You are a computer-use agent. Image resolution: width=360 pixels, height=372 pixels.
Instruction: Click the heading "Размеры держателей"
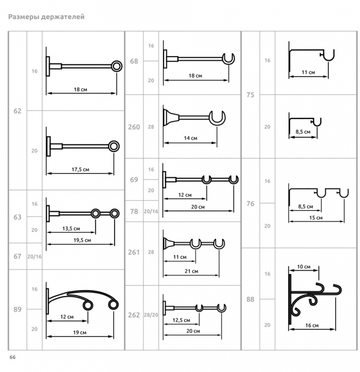(46, 17)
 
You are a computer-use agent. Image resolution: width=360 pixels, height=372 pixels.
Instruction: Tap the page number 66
(13, 357)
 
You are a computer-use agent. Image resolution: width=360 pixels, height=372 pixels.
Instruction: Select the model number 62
(17, 111)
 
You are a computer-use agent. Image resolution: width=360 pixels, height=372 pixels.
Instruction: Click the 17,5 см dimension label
(80, 170)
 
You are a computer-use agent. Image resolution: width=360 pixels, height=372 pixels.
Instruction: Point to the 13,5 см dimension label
(71, 229)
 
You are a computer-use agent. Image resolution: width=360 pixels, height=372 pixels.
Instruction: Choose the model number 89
(17, 309)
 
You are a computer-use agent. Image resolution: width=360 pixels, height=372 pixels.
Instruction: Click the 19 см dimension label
(80, 332)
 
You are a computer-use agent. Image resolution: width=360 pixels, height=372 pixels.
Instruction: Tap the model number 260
(134, 127)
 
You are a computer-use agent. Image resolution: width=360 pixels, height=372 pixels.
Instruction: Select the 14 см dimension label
(190, 138)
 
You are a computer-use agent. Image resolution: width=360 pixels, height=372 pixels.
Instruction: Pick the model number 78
(134, 211)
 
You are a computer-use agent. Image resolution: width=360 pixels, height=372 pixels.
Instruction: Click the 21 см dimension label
(191, 271)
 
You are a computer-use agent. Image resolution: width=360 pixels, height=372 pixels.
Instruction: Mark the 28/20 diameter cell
(151, 315)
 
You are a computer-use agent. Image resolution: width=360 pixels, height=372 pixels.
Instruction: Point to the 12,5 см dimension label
(181, 320)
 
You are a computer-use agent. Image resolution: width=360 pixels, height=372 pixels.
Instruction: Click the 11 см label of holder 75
(308, 72)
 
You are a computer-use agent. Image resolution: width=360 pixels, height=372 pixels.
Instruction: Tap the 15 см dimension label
(316, 218)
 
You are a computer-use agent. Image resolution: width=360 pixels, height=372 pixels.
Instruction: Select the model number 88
(250, 299)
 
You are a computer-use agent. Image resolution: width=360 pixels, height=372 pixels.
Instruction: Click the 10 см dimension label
(304, 267)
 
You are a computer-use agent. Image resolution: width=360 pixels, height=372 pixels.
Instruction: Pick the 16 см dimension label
(312, 325)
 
